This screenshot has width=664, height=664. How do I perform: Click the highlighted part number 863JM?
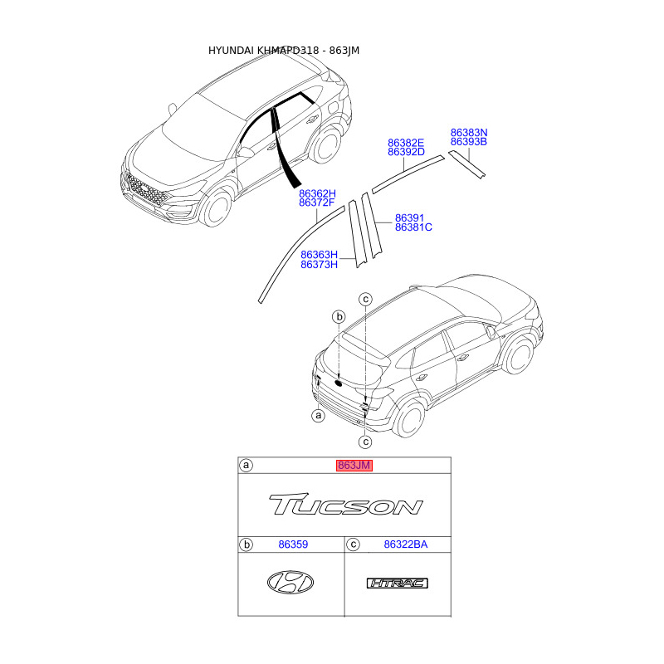point(354,466)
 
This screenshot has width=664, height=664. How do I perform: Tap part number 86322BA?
point(406,544)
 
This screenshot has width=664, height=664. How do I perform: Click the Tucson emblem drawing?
point(345,505)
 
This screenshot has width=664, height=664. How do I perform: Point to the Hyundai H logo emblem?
point(290,583)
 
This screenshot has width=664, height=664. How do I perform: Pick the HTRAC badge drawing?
point(398,583)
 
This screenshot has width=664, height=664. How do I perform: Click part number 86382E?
point(406,142)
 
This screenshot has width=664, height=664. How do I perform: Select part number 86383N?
point(469,132)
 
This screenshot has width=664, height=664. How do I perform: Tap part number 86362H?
point(317,193)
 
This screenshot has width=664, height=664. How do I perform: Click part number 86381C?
point(413,227)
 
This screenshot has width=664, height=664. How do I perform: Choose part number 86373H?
point(319,265)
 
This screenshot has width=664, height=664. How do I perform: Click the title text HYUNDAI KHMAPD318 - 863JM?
point(283,51)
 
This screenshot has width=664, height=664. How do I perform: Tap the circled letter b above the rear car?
point(339,317)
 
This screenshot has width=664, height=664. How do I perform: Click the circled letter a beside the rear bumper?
point(318,415)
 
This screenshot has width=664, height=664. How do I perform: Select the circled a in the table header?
point(246,466)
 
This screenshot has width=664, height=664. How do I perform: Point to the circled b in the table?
point(246,544)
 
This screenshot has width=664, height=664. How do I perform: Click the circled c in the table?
point(354,544)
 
